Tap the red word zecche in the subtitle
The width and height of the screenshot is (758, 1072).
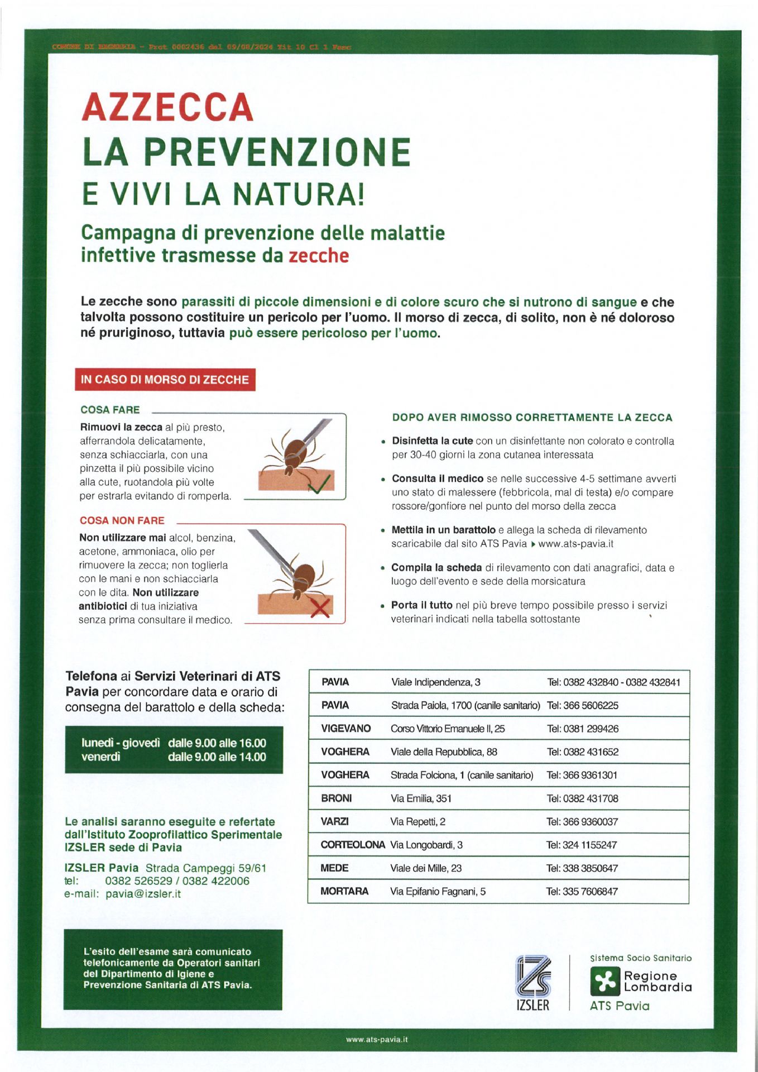[319, 256]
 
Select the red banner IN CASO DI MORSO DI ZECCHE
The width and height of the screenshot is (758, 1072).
[165, 380]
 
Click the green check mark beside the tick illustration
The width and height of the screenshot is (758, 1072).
[320, 483]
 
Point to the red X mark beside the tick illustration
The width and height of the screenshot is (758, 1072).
[320, 607]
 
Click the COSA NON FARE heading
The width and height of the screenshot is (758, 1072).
[122, 520]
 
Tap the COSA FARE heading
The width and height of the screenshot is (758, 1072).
[110, 410]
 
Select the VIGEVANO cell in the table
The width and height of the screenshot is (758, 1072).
[346, 729]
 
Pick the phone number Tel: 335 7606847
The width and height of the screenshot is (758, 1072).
[582, 892]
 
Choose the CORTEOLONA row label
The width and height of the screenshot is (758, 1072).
[353, 845]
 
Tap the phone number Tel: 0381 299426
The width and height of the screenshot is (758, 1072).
[583, 729]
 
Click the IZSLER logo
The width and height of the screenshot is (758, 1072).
[532, 983]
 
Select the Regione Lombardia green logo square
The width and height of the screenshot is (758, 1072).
[605, 982]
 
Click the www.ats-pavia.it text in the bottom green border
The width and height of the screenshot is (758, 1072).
[377, 1040]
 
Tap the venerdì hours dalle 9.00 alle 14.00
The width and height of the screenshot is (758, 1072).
[217, 757]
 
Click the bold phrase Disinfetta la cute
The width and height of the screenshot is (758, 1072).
[432, 441]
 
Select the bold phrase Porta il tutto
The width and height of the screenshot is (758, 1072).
[421, 605]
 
